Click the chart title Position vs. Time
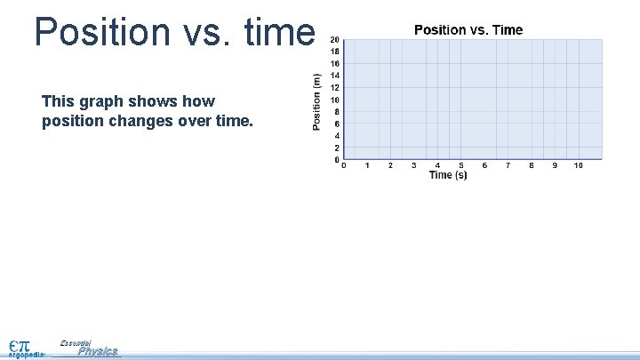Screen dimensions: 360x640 pyautogui.click(x=468, y=30)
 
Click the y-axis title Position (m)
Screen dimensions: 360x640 pyautogui.click(x=317, y=101)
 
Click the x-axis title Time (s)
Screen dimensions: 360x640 pyautogui.click(x=448, y=175)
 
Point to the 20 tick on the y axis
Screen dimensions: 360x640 pyautogui.click(x=334, y=40)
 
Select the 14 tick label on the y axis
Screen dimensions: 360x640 pyautogui.click(x=334, y=76)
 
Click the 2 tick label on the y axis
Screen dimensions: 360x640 pyautogui.click(x=336, y=148)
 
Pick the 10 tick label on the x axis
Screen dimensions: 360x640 pyautogui.click(x=578, y=165)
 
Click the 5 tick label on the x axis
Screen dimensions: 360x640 pyautogui.click(x=460, y=165)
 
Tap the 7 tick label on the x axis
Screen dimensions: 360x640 pyautogui.click(x=508, y=165)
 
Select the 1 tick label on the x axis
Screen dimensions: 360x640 pyautogui.click(x=367, y=165)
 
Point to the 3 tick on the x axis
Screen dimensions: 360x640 pyautogui.click(x=414, y=165)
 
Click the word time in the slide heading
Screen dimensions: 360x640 pyautogui.click(x=274, y=32)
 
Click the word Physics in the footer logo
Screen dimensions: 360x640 pyautogui.click(x=97, y=351)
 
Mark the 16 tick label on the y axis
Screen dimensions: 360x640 pyautogui.click(x=334, y=64)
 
